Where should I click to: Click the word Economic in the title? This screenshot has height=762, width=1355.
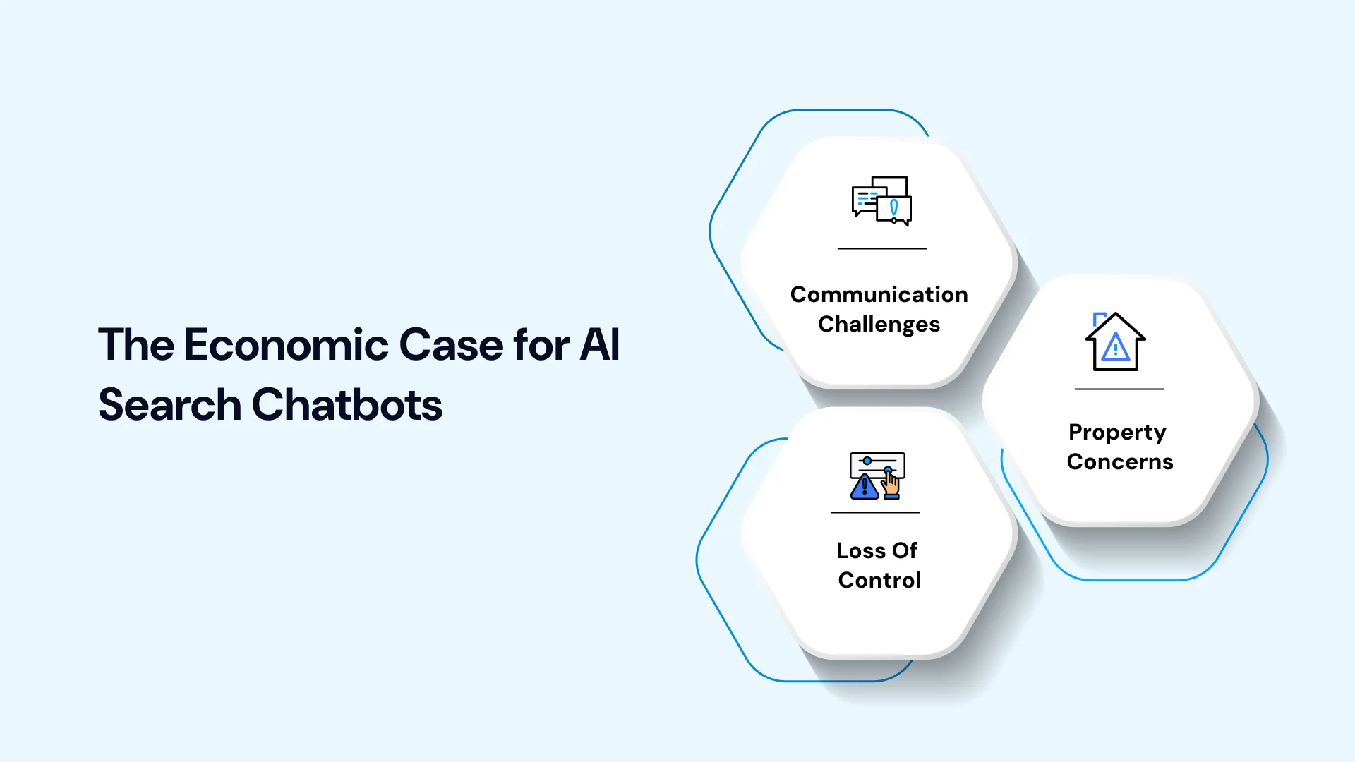click(287, 345)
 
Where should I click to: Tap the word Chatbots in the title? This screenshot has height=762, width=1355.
click(347, 405)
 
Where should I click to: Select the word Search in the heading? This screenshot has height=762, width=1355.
click(169, 405)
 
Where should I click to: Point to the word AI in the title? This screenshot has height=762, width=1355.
click(600, 345)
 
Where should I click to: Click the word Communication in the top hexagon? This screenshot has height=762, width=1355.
click(879, 294)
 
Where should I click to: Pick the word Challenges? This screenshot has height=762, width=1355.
click(879, 325)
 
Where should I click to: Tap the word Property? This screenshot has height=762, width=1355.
click(1118, 433)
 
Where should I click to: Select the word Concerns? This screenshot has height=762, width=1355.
click(1120, 462)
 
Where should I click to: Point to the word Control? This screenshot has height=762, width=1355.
click(879, 580)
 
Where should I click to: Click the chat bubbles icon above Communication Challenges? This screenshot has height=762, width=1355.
click(881, 201)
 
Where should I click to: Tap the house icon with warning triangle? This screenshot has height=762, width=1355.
click(1116, 341)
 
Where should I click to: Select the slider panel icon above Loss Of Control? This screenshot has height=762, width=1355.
click(877, 476)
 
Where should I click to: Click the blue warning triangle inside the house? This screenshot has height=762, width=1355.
click(1116, 347)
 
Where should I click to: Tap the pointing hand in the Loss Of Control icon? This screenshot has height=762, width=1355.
click(891, 484)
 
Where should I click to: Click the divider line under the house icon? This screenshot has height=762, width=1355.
click(1119, 389)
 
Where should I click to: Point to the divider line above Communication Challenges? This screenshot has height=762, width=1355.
click(882, 248)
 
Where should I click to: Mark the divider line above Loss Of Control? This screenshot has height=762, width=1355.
click(875, 512)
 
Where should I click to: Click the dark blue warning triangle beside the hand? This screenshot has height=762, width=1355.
click(865, 487)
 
